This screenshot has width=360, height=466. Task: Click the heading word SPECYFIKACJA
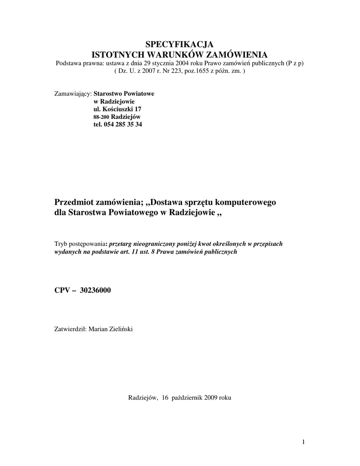coord(179,44)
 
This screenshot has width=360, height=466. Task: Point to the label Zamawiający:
coord(73,93)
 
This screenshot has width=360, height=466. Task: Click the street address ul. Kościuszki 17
coord(117,109)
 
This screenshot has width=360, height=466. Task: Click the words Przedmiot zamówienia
coord(98,202)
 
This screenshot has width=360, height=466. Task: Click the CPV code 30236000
coord(95,290)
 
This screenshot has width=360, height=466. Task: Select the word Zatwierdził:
coord(71,329)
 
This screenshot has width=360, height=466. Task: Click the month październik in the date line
coord(187,397)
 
